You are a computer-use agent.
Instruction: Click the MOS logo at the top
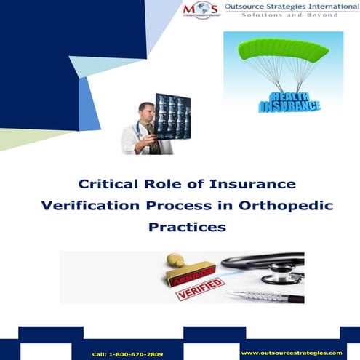tap(201, 10)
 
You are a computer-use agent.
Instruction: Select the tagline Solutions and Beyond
tap(290, 15)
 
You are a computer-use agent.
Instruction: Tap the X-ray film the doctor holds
tap(172, 116)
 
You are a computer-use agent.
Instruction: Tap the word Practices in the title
tap(187, 227)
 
